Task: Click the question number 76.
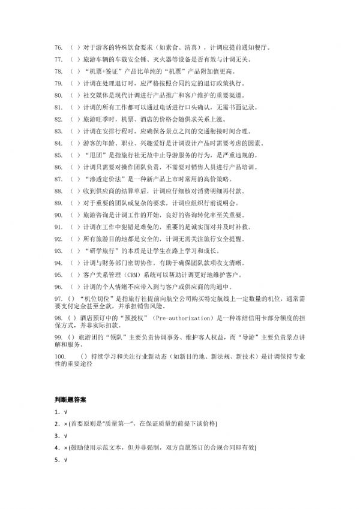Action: (x=58, y=46)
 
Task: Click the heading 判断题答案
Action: (x=72, y=398)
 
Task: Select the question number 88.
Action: (x=58, y=191)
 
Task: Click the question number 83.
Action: (x=58, y=131)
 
